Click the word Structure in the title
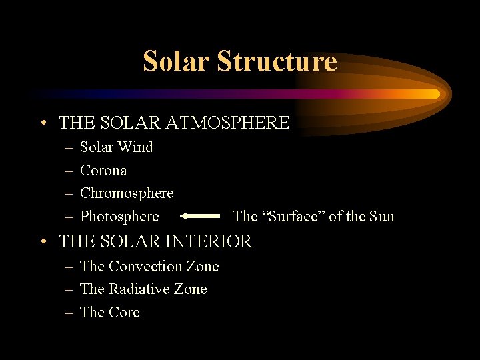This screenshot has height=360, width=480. [276, 61]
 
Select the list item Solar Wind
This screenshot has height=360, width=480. [116, 147]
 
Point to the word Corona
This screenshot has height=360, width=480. [103, 171]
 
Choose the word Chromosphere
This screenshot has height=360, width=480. [127, 193]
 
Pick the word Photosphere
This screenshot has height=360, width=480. [119, 217]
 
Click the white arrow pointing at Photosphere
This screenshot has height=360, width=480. [200, 216]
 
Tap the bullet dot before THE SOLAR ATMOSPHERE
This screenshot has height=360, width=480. [43, 123]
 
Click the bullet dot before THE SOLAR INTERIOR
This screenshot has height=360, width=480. [43, 241]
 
